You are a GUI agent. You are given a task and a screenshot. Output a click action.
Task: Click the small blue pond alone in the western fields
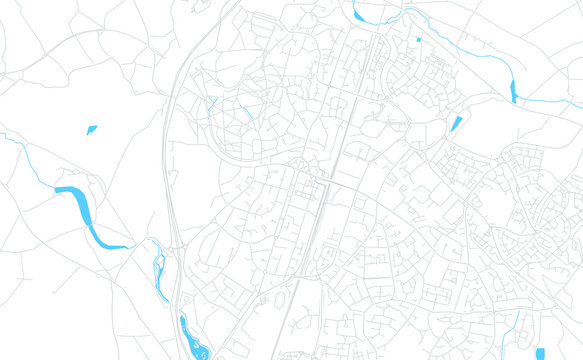[91, 129]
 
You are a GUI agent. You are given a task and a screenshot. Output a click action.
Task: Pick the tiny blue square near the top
[418, 39]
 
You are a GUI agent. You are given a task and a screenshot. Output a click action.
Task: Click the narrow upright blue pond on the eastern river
[515, 91]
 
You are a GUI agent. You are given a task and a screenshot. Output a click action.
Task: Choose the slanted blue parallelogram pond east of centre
[456, 124]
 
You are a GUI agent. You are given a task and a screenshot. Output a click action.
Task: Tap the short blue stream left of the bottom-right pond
[519, 328]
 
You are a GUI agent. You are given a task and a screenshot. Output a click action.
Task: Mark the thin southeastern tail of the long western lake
[118, 247]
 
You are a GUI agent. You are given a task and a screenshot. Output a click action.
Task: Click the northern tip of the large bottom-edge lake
[182, 317]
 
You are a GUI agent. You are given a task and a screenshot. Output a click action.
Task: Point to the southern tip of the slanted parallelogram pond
[451, 131]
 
